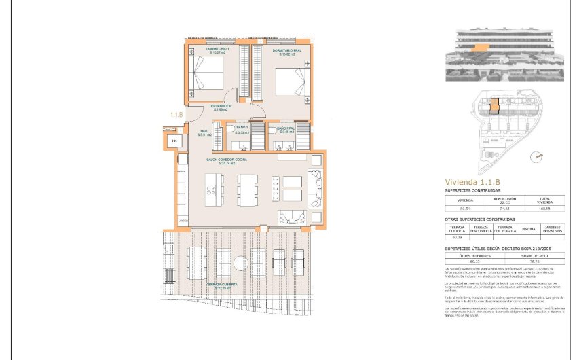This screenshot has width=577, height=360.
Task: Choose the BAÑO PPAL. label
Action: [285, 128]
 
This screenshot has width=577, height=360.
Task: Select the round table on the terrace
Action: [242, 263]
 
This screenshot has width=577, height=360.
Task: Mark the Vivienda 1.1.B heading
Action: [472, 182]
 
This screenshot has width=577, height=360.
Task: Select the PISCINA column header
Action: [529, 230]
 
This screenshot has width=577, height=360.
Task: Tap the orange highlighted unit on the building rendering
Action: [481, 47]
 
